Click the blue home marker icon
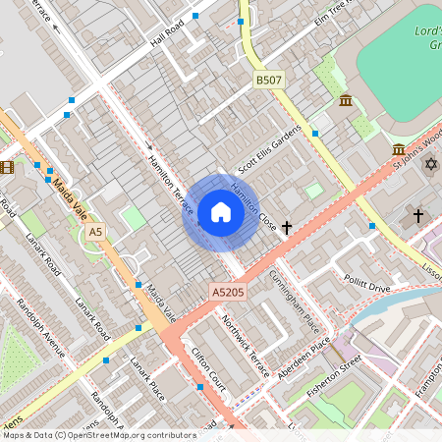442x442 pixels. (x=220, y=212)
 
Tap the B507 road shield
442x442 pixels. (x=268, y=80)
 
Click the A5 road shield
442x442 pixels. (x=94, y=232)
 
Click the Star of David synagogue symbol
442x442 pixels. (x=430, y=162)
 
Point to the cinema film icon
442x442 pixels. (x=8, y=167)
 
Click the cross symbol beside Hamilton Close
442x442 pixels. (x=287, y=227)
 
